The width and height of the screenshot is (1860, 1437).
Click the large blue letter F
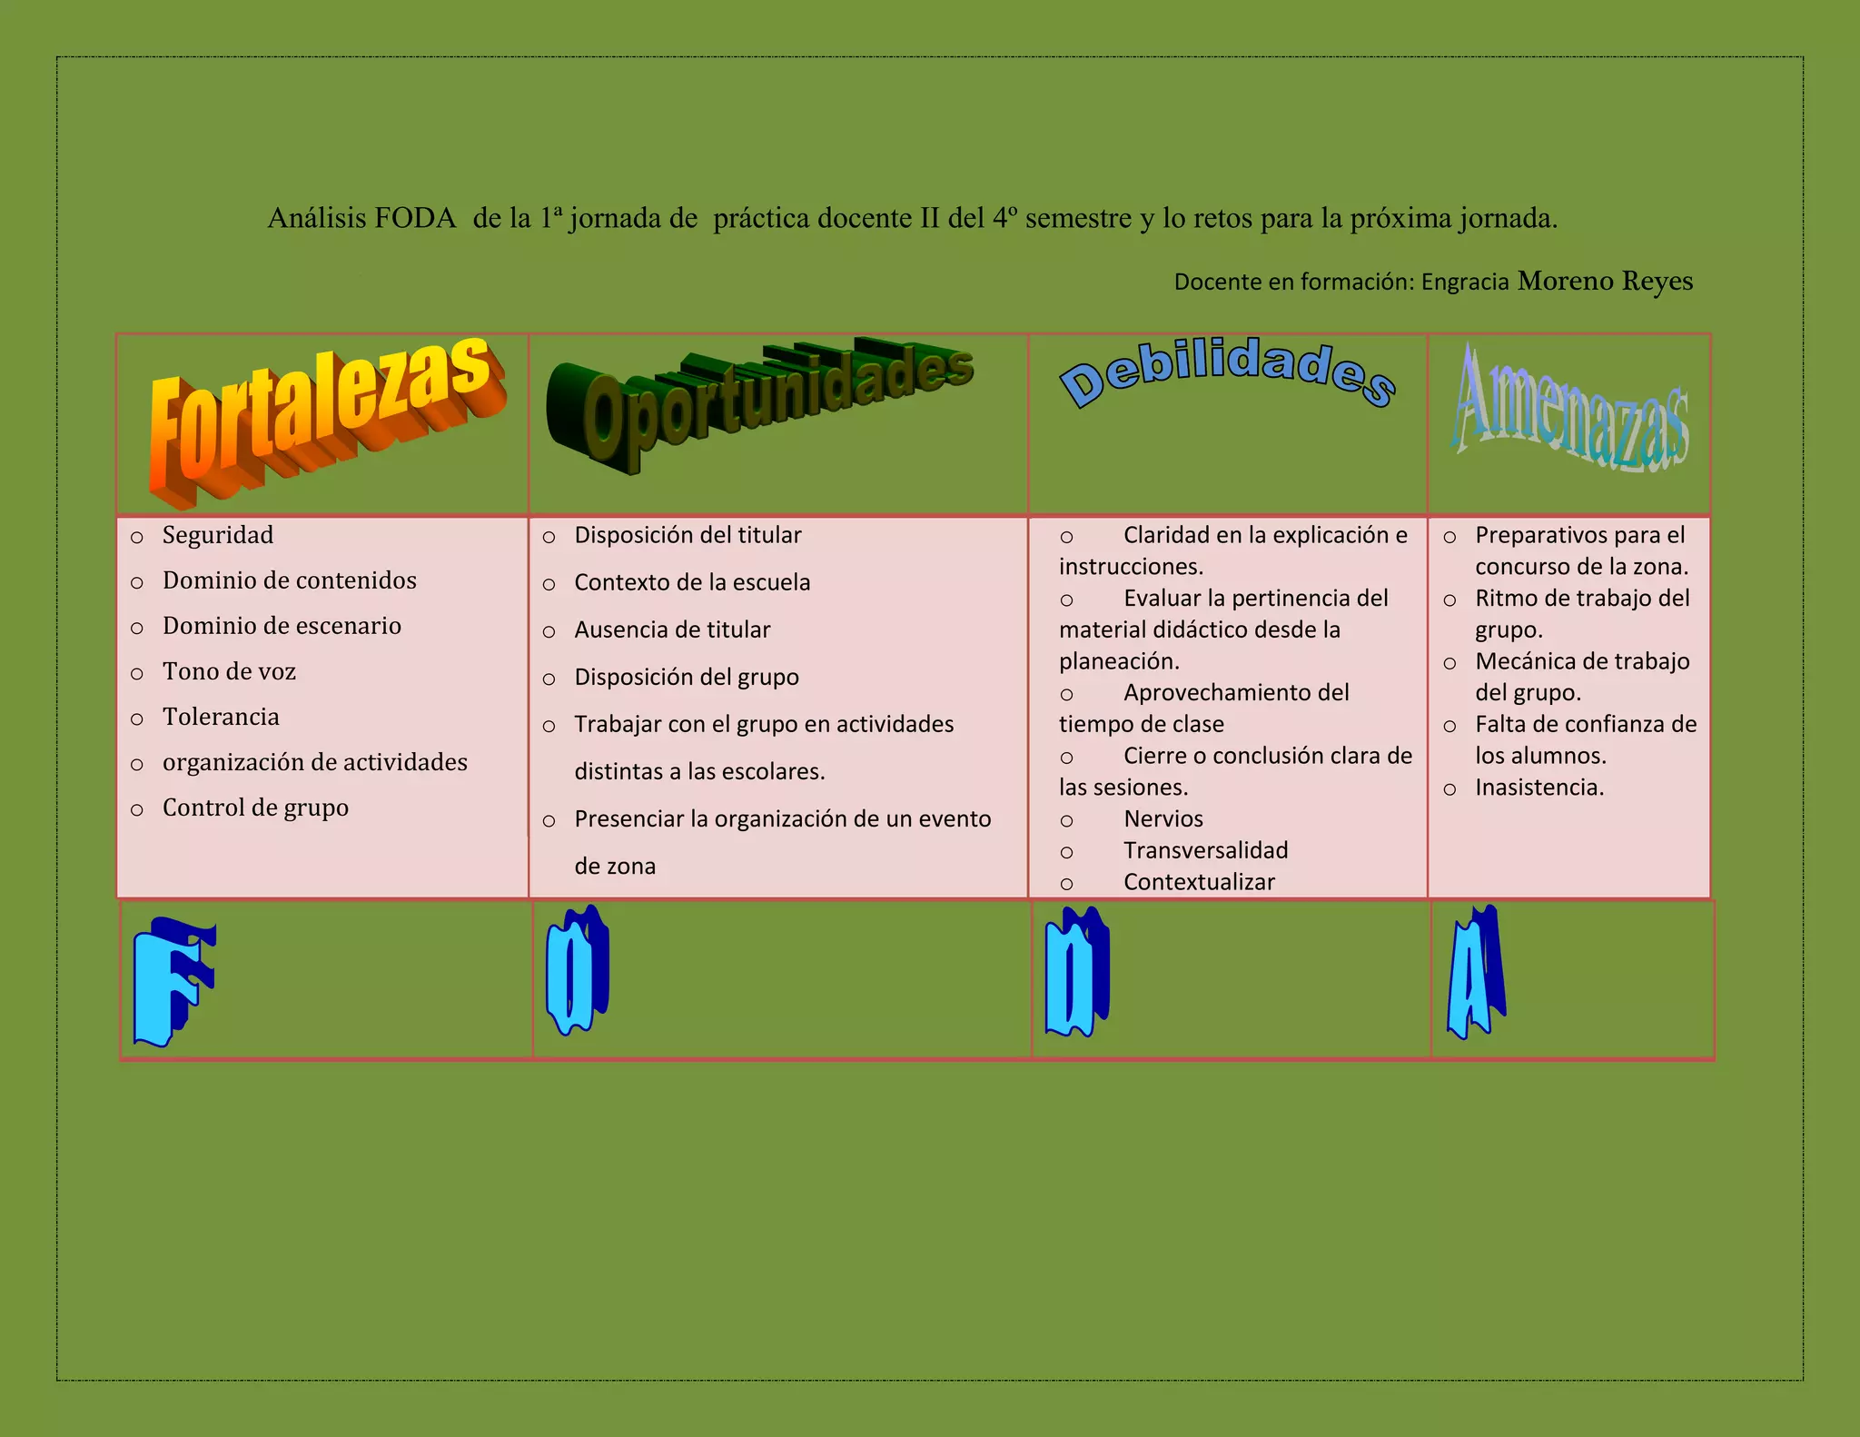(x=173, y=981)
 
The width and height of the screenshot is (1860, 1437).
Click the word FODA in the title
(x=415, y=219)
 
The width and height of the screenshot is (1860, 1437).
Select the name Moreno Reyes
(x=1605, y=281)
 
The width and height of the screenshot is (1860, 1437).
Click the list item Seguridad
(x=218, y=535)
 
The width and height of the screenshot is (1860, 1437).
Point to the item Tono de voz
(x=229, y=671)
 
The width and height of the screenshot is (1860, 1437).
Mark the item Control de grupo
(x=255, y=808)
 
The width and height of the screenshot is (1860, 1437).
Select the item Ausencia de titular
(x=672, y=629)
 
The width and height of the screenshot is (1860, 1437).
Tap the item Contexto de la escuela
(x=692, y=582)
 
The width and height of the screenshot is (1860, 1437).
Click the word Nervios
(x=1163, y=818)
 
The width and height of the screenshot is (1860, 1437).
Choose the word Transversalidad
(x=1206, y=850)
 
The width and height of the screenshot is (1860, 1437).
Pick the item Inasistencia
(x=1539, y=787)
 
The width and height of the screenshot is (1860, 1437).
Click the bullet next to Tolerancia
(x=137, y=718)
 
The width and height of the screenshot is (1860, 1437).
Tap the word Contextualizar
(x=1199, y=882)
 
